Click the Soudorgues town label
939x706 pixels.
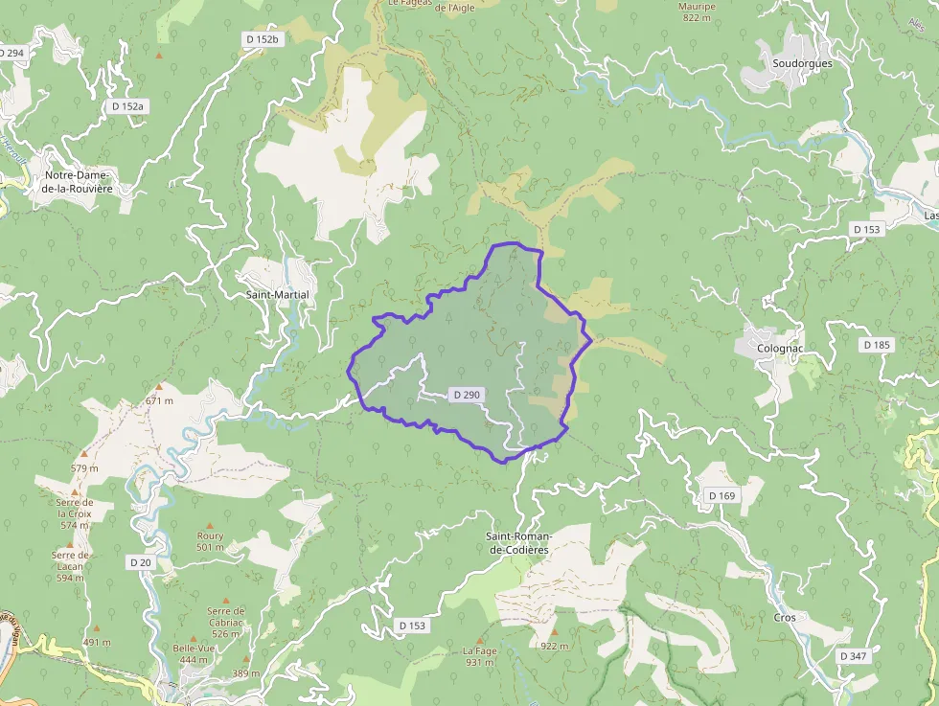tap(802, 63)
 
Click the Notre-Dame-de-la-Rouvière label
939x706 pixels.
tap(79, 182)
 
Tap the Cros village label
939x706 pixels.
tap(784, 618)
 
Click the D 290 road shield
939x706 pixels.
tap(467, 394)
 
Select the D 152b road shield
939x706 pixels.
tap(262, 39)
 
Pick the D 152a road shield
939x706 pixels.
tap(127, 106)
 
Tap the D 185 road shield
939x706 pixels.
tap(876, 344)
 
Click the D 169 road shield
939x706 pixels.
tap(721, 495)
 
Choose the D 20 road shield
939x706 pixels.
tap(141, 562)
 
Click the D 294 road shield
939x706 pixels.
tap(11, 53)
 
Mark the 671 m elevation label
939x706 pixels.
tap(159, 399)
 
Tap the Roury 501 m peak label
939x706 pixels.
tap(210, 541)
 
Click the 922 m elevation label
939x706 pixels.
tap(554, 646)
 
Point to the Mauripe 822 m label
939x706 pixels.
tap(697, 11)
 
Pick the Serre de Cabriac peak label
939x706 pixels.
tap(226, 622)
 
